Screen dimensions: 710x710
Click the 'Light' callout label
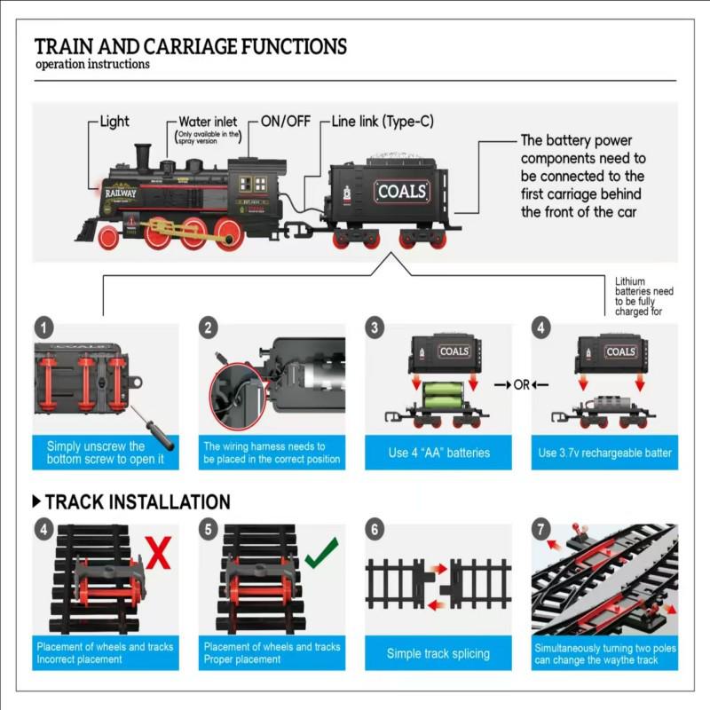point(114,122)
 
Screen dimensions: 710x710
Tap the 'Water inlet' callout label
point(208,122)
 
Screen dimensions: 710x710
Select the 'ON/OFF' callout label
point(285,121)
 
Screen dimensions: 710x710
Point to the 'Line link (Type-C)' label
point(383,121)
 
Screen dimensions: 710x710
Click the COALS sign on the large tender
point(402,191)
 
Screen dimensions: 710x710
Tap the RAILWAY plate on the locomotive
point(121,191)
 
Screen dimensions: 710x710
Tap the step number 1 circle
point(46,327)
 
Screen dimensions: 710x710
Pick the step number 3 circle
point(376,327)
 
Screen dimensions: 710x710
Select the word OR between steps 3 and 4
point(521,384)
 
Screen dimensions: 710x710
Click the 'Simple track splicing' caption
point(438,653)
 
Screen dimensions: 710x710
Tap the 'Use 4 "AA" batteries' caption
point(438,453)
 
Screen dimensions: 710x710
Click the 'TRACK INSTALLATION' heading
point(137,502)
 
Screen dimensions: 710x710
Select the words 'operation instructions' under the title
point(92,64)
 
